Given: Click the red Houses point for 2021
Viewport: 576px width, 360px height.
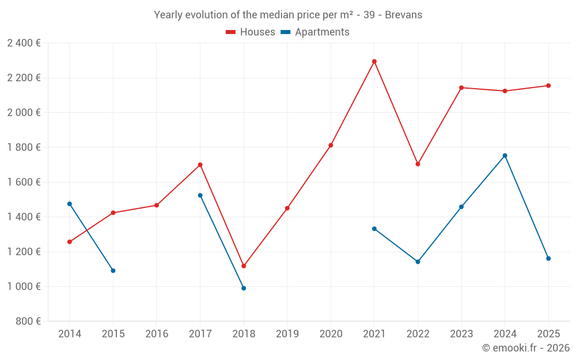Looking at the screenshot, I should [x=374, y=62].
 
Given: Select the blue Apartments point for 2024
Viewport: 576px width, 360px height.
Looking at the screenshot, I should [x=505, y=156].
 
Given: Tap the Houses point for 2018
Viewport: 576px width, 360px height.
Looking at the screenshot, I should [x=244, y=266].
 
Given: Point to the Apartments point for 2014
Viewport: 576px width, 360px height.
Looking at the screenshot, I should [x=70, y=204].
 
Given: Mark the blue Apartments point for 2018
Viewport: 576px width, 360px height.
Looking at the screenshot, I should [x=244, y=288].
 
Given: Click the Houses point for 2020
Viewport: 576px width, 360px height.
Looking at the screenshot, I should [x=331, y=145].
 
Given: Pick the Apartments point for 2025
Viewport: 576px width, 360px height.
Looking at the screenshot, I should [x=548, y=259].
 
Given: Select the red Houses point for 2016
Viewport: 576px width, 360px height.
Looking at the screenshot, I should [x=157, y=205].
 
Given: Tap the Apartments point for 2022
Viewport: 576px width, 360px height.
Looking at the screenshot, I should [x=418, y=262].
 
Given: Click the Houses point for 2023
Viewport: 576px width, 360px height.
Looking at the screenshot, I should [x=461, y=88].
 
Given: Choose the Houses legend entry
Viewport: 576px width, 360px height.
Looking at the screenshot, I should [x=251, y=32].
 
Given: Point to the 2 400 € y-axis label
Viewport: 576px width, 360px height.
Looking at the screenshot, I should [x=24, y=43].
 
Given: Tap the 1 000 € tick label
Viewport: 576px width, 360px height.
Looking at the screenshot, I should [x=24, y=286].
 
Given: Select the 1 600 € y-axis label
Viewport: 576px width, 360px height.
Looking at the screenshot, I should [x=24, y=182].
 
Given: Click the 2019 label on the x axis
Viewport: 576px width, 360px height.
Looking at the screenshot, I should [x=287, y=334].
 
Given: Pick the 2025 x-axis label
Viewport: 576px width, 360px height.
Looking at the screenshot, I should [x=548, y=334].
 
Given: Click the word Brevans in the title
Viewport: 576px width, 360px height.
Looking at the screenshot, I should [x=403, y=15].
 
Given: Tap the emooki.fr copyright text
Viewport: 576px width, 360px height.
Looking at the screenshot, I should [x=526, y=348].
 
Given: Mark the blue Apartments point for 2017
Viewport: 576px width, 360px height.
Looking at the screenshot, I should [x=200, y=195].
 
